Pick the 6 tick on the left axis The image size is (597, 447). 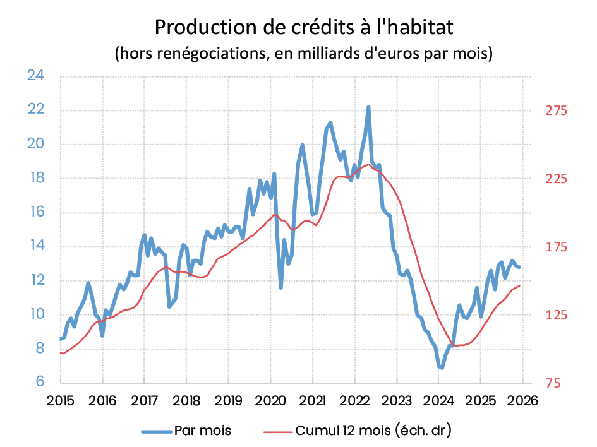[x=39, y=383]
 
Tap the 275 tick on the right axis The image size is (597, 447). [x=557, y=111]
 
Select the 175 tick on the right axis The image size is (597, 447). [x=557, y=247]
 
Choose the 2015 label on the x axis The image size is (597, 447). [x=61, y=400]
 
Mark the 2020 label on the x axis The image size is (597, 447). [x=270, y=400]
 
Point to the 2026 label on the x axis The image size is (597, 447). [x=522, y=400]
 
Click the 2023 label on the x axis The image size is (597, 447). [x=396, y=400]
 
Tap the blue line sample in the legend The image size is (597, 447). [x=156, y=431]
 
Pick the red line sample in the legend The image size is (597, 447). [x=275, y=431]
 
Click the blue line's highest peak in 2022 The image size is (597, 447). [x=368, y=107]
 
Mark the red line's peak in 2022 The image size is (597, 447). [x=368, y=164]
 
